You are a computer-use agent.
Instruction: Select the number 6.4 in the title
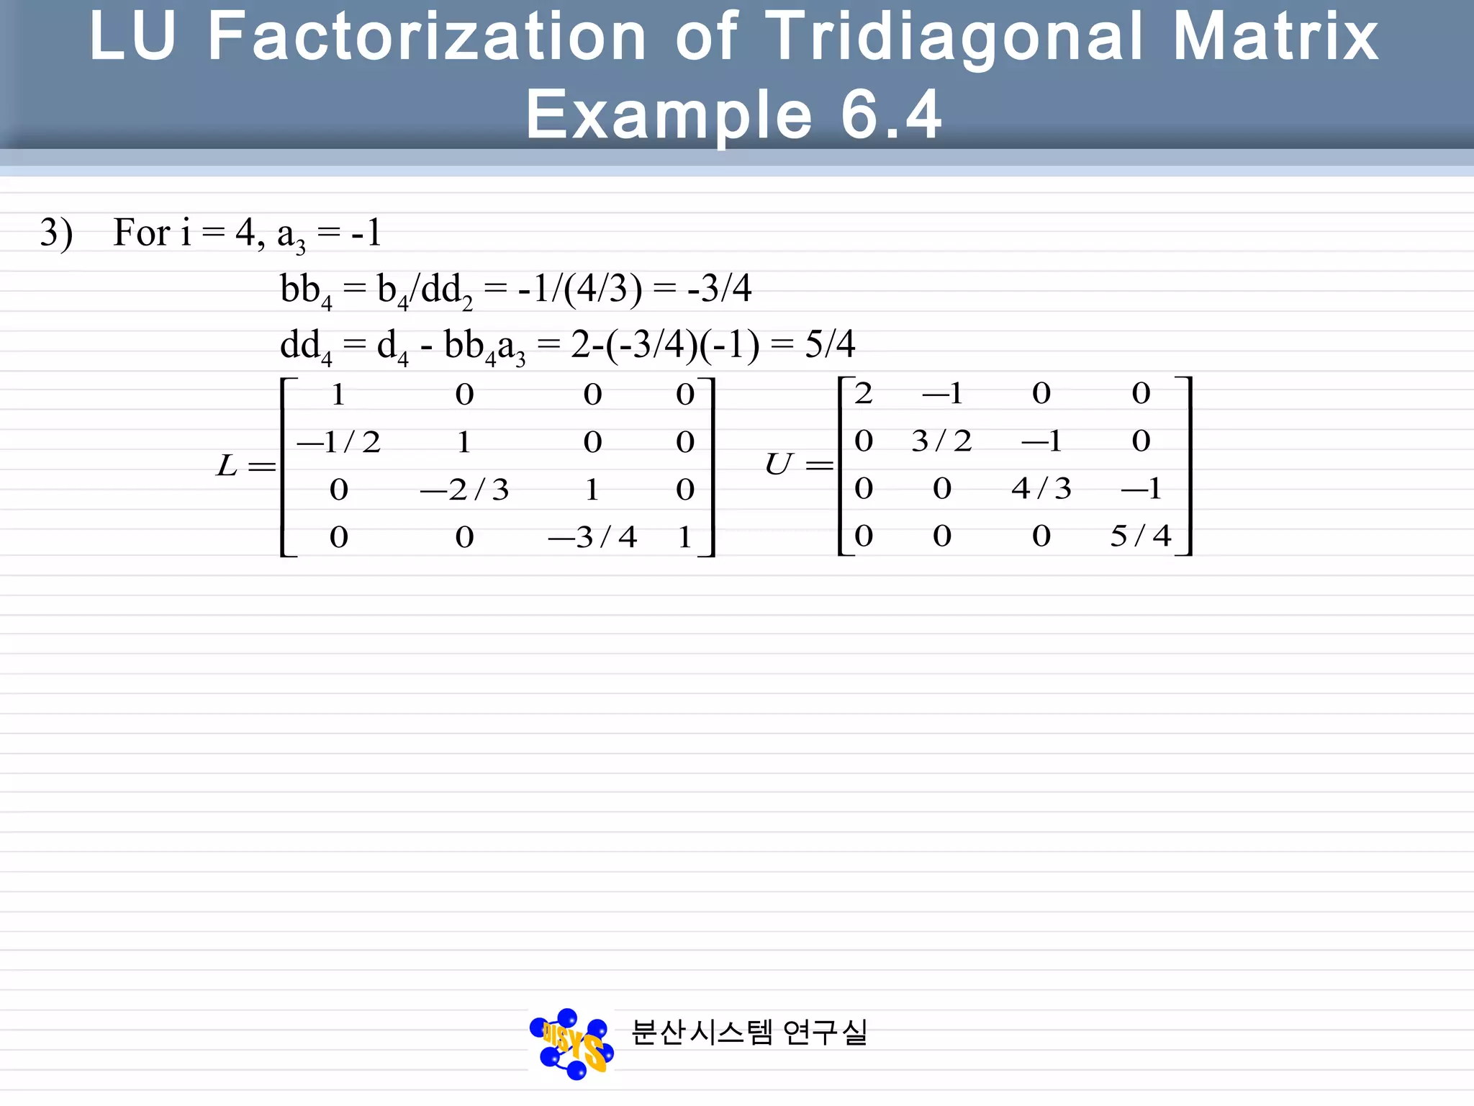(x=891, y=115)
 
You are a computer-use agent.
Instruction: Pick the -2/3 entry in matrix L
(x=464, y=490)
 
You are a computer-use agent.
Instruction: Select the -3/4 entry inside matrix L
(x=592, y=537)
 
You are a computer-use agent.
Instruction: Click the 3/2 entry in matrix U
(x=941, y=441)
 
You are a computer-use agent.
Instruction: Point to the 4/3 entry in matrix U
(x=1041, y=488)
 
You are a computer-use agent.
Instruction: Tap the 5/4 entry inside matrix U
(x=1141, y=536)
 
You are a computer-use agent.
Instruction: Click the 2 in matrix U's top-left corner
(x=864, y=393)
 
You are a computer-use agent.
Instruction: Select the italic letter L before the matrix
(x=227, y=466)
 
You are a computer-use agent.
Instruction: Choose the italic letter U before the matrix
(x=779, y=464)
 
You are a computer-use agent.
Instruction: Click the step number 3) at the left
(x=56, y=233)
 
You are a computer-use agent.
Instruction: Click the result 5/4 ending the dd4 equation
(x=830, y=344)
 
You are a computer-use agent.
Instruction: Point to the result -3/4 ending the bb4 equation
(x=719, y=289)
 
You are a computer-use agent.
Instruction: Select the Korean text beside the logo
(x=749, y=1033)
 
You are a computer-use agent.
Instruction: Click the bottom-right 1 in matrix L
(x=684, y=537)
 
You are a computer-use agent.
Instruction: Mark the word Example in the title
(x=669, y=115)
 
